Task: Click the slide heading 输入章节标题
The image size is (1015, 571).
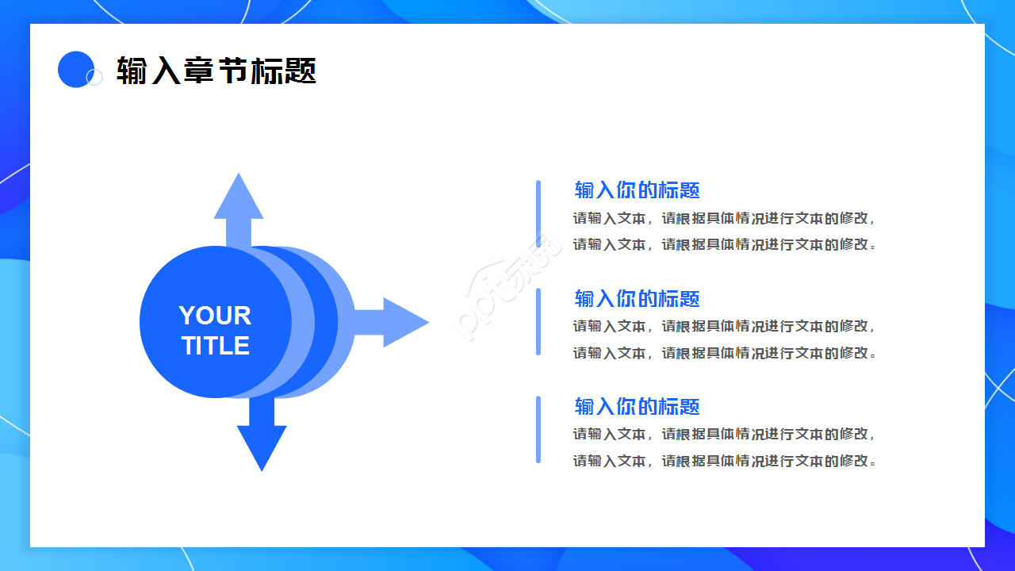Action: click(216, 71)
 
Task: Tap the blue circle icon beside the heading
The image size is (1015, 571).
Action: click(76, 69)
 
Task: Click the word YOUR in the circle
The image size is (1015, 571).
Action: click(215, 316)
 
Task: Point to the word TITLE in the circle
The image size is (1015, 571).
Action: click(216, 346)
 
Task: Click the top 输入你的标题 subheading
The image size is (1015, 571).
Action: click(637, 190)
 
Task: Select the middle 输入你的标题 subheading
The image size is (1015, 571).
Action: click(637, 299)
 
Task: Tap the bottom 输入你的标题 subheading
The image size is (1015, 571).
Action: click(637, 407)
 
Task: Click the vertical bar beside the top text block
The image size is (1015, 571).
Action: click(538, 214)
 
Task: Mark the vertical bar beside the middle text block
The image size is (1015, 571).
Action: click(538, 322)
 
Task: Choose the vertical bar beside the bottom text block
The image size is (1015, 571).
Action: click(538, 430)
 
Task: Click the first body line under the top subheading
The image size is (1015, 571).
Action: click(725, 218)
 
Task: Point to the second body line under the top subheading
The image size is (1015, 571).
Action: click(725, 244)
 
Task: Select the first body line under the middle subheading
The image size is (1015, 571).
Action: click(725, 326)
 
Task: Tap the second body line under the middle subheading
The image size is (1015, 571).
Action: click(725, 353)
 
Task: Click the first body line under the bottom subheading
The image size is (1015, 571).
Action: click(725, 434)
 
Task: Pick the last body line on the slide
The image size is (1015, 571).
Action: click(725, 461)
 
